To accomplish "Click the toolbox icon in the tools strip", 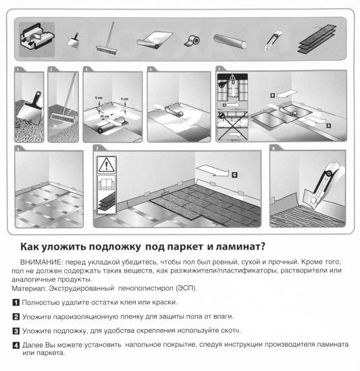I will (36, 35).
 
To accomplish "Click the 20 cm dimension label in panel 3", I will (106, 116).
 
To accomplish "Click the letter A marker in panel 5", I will (328, 125).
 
